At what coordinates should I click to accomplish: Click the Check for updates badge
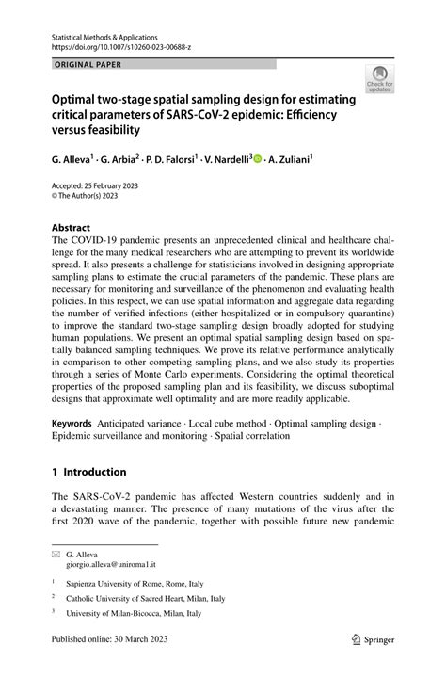(x=380, y=78)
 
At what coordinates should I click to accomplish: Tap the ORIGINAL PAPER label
(x=87, y=64)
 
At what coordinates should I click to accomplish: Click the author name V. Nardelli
(x=227, y=160)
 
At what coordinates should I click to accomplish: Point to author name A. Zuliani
(x=290, y=160)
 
